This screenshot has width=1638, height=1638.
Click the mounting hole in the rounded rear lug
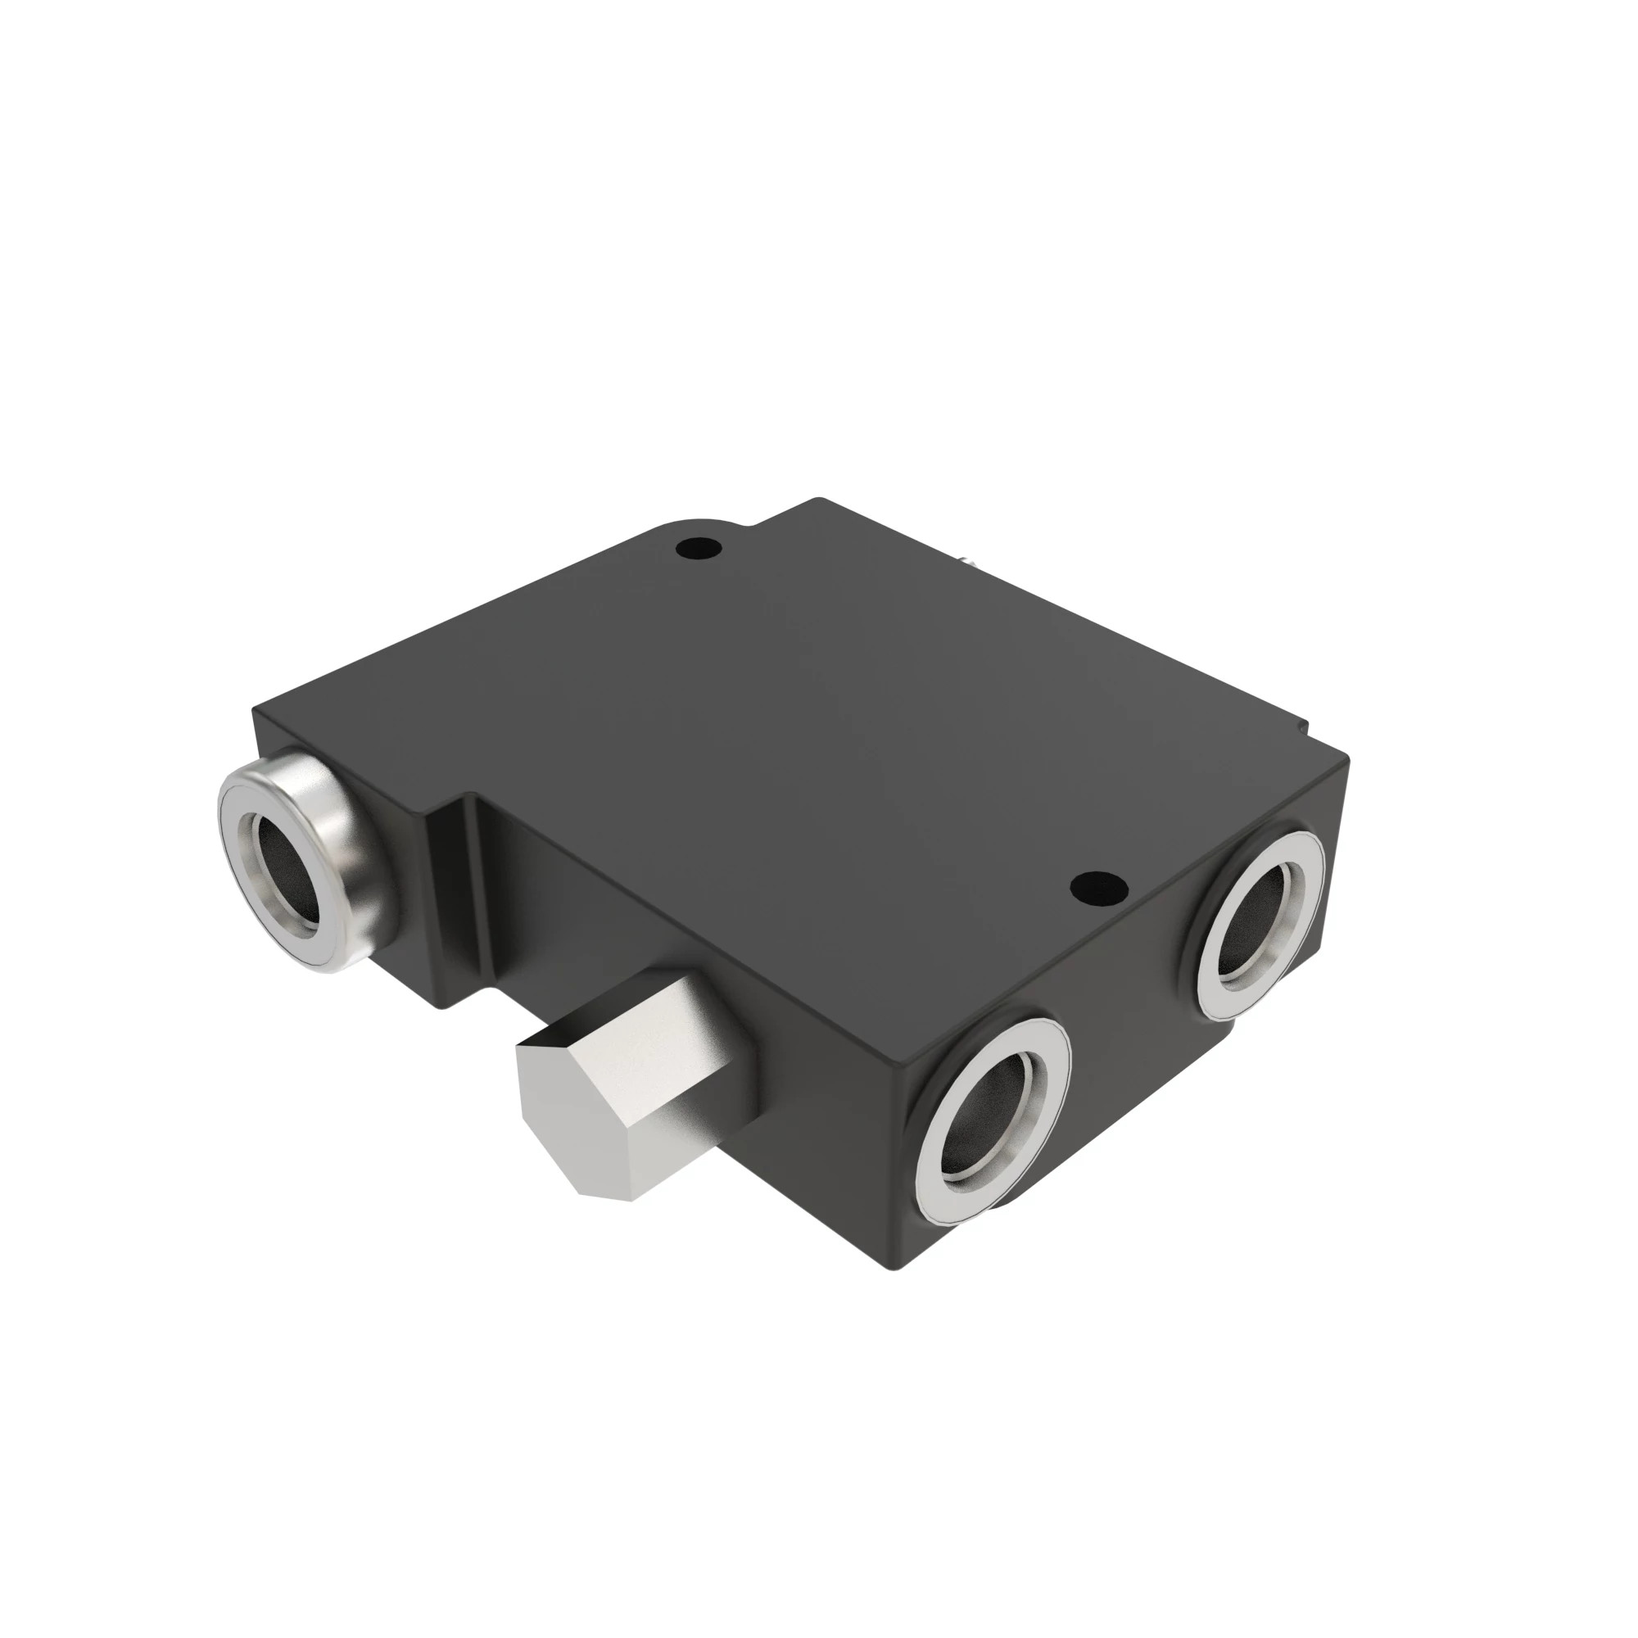point(699,549)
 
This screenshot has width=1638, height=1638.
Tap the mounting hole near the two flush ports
point(1098,889)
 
